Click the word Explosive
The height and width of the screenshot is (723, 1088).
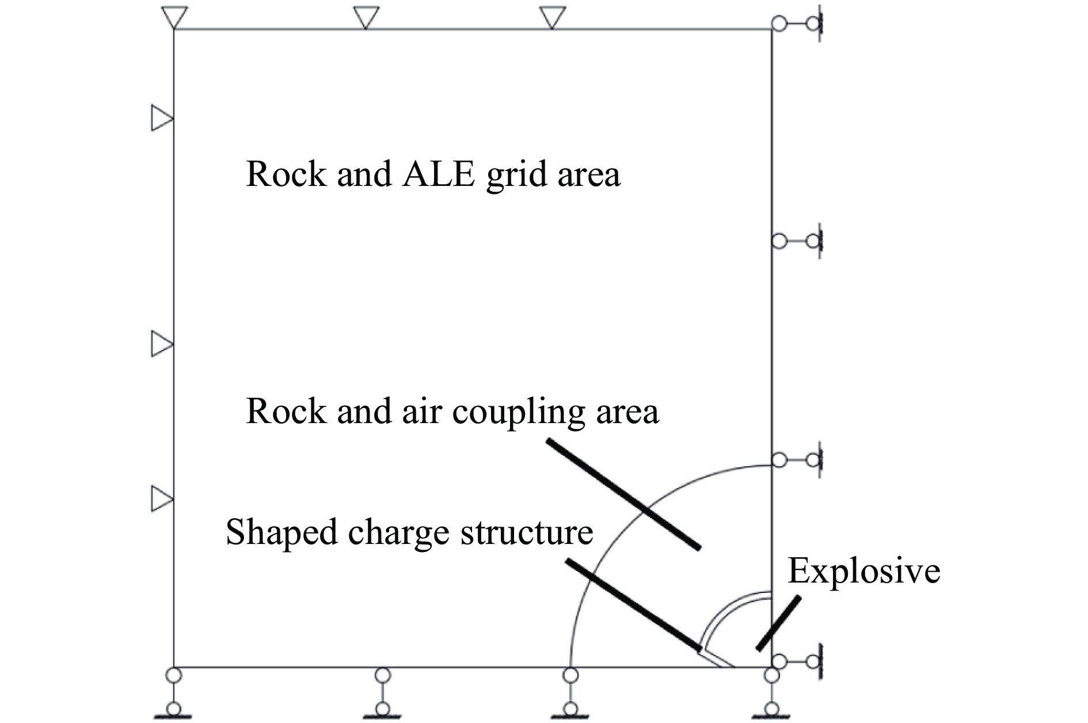(863, 571)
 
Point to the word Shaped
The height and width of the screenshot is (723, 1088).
(281, 532)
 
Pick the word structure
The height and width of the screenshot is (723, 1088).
(528, 531)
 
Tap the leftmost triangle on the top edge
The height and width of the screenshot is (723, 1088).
(174, 17)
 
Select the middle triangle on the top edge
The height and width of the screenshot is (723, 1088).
(366, 17)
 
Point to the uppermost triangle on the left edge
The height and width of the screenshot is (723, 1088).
(161, 118)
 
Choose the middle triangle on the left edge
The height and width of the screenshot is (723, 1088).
(161, 344)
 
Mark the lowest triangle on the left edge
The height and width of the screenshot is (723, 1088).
(161, 499)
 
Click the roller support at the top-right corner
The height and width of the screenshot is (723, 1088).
(798, 24)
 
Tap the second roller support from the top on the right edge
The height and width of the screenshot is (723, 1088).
(798, 241)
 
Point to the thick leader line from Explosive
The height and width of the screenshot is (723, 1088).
(778, 624)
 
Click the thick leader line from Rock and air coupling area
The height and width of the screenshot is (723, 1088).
(623, 494)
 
